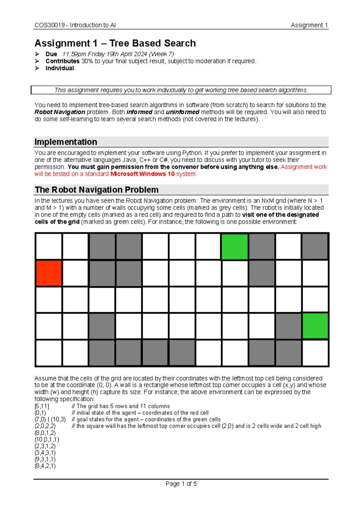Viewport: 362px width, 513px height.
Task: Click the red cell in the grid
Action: (49, 273)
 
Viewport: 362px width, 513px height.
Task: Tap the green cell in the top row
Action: (235, 247)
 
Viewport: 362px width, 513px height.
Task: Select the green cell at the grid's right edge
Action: (315, 326)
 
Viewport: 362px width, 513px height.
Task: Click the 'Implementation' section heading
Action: (66, 142)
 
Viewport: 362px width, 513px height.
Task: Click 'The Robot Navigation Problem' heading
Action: (97, 190)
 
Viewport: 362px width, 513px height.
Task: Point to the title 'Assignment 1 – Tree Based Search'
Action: (115, 43)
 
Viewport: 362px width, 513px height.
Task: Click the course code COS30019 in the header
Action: (49, 25)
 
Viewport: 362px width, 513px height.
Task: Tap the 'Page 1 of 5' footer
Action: (181, 484)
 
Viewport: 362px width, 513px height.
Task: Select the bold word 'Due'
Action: (51, 54)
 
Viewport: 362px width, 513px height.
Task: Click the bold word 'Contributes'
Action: (62, 61)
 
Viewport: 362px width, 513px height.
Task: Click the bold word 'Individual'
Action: (60, 68)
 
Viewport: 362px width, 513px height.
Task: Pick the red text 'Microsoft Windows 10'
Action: (142, 174)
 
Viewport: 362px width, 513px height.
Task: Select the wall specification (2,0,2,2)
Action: (45, 426)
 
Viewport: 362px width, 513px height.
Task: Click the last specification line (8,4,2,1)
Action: (45, 466)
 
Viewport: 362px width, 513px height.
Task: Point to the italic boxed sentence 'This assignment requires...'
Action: (181, 90)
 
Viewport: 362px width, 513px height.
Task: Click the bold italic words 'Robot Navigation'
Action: (60, 112)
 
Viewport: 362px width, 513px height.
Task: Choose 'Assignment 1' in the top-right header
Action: (309, 25)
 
